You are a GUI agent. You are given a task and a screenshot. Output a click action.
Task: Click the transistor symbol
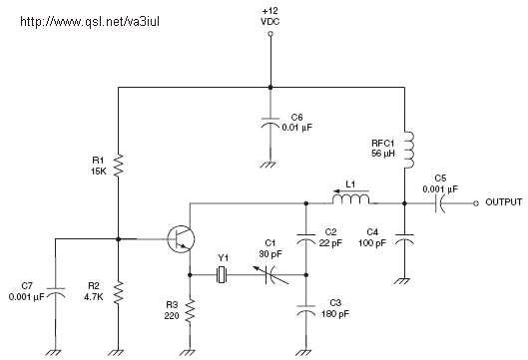181,239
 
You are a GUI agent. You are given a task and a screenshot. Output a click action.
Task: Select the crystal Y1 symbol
221,274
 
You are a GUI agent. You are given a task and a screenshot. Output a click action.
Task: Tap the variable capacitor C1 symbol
270,274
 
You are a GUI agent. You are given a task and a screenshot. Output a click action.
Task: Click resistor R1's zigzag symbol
118,166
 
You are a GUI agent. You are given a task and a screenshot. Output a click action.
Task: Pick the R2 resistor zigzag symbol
118,293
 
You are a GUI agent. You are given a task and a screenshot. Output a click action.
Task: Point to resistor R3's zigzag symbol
190,311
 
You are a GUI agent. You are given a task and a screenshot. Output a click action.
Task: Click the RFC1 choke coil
409,150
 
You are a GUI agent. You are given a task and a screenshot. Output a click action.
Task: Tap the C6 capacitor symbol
270,123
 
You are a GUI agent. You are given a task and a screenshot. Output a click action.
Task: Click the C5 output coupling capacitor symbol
439,203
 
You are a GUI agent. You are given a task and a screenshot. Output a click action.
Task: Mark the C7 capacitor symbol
56,293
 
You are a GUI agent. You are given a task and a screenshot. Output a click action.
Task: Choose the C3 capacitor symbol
306,310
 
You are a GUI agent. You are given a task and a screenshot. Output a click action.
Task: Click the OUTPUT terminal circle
476,203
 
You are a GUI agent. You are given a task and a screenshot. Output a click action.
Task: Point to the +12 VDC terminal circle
270,34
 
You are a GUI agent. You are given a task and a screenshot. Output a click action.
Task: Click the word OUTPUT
504,202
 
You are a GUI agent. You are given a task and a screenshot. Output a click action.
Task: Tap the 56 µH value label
383,154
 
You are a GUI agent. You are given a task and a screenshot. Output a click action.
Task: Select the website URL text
90,22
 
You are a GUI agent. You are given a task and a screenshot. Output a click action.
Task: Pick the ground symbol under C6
270,165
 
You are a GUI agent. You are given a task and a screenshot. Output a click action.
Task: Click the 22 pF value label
330,243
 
